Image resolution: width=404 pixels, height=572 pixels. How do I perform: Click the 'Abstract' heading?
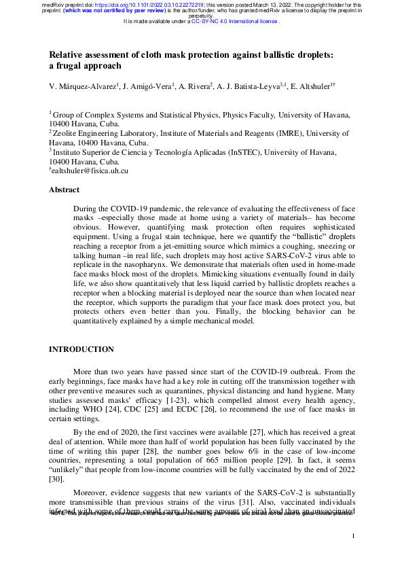64,190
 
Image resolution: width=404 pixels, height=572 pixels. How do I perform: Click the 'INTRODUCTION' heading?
81,349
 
